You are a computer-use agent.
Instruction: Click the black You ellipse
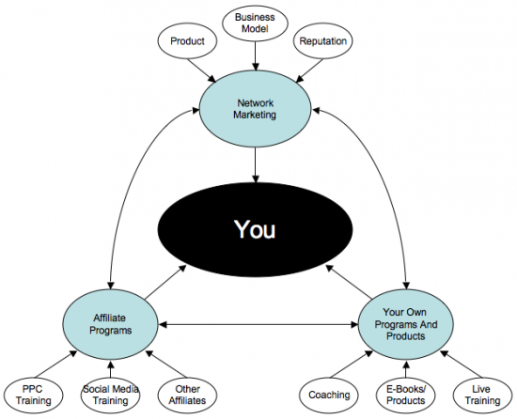[255, 229]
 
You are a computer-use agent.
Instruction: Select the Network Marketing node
[255, 109]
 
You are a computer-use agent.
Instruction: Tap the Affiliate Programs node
[110, 324]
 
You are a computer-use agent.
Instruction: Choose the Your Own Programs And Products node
[405, 324]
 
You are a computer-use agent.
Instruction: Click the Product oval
[187, 41]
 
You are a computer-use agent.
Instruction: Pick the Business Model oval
[255, 23]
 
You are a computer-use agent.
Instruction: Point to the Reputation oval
[322, 41]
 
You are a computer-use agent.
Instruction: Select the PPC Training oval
[33, 395]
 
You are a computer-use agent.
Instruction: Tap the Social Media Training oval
[110, 395]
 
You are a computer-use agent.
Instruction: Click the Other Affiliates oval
[187, 395]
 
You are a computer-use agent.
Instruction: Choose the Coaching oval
[329, 395]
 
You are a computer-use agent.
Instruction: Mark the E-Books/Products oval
[405, 395]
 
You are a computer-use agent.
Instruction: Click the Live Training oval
[483, 395]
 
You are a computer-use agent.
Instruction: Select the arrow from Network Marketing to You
[255, 165]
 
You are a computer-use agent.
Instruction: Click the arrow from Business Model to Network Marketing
[255, 56]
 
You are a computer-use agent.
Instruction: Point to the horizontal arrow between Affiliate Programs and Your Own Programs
[258, 325]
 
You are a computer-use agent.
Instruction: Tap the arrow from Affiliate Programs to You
[165, 282]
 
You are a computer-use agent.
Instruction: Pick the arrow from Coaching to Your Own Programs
[352, 364]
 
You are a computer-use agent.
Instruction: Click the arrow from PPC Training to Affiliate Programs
[55, 364]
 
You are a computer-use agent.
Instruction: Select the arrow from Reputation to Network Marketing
[309, 70]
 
